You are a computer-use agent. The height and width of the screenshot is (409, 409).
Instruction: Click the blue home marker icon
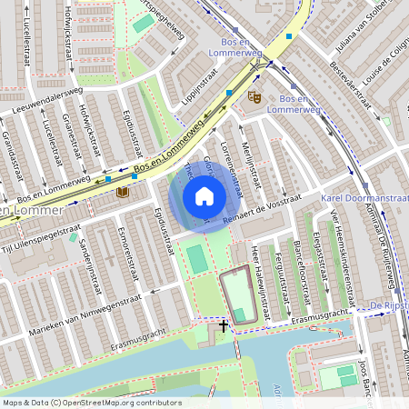tap(204, 196)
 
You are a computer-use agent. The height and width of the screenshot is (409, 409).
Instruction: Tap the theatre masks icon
tap(254, 95)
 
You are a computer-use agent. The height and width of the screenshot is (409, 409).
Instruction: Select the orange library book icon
tap(122, 192)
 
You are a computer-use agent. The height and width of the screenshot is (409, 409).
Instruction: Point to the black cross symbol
tap(223, 324)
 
